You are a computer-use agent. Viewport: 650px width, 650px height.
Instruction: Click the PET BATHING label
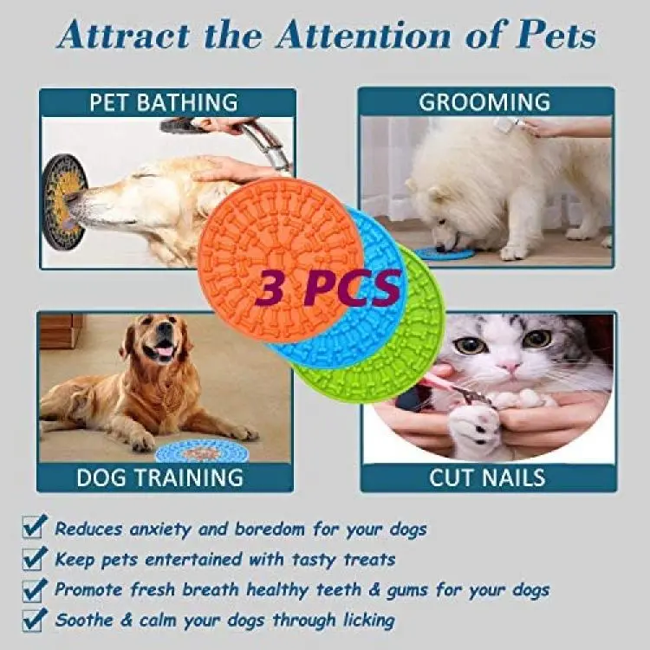point(164,103)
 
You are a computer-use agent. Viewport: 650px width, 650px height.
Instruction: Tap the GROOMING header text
point(484,102)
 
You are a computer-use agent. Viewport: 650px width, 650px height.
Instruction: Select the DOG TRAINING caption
point(159,478)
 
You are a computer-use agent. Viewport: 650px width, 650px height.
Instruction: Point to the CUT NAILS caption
point(487,478)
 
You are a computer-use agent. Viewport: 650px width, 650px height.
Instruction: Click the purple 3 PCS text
point(328,286)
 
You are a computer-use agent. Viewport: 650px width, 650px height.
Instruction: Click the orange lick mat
point(274,249)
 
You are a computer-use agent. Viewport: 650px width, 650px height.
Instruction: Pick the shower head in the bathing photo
point(182,125)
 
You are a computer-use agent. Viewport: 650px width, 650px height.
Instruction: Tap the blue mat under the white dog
point(444,253)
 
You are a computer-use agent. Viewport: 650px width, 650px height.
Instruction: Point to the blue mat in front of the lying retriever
point(202,452)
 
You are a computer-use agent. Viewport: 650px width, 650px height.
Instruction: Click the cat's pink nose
point(510,367)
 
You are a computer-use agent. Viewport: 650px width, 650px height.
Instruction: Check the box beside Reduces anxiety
point(33,527)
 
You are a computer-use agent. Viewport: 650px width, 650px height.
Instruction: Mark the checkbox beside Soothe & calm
point(33,621)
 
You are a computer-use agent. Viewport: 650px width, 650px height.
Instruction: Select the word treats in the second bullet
point(369,560)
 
